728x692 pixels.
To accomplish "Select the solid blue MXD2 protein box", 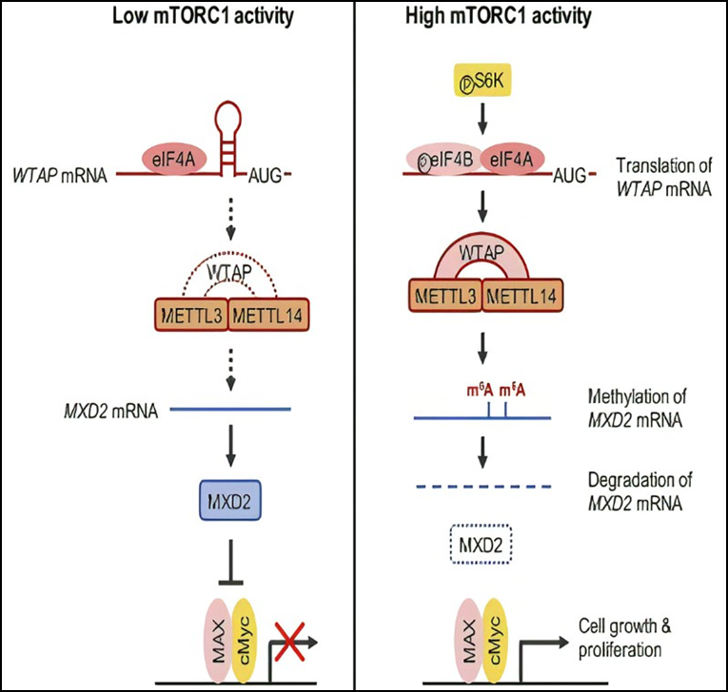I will point(228,498).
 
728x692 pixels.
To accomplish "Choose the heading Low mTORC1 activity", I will point(180,18).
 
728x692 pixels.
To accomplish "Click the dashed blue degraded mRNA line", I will point(482,487).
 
